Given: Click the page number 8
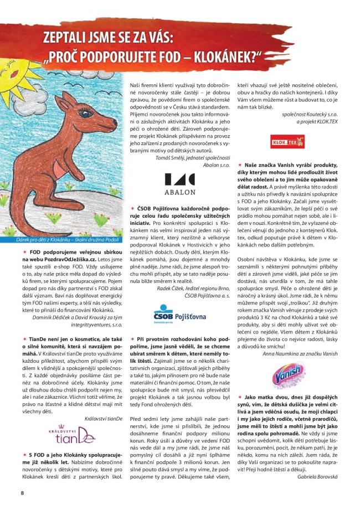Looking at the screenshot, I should click(x=22, y=492).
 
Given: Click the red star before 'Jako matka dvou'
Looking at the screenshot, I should click(x=239, y=397).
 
